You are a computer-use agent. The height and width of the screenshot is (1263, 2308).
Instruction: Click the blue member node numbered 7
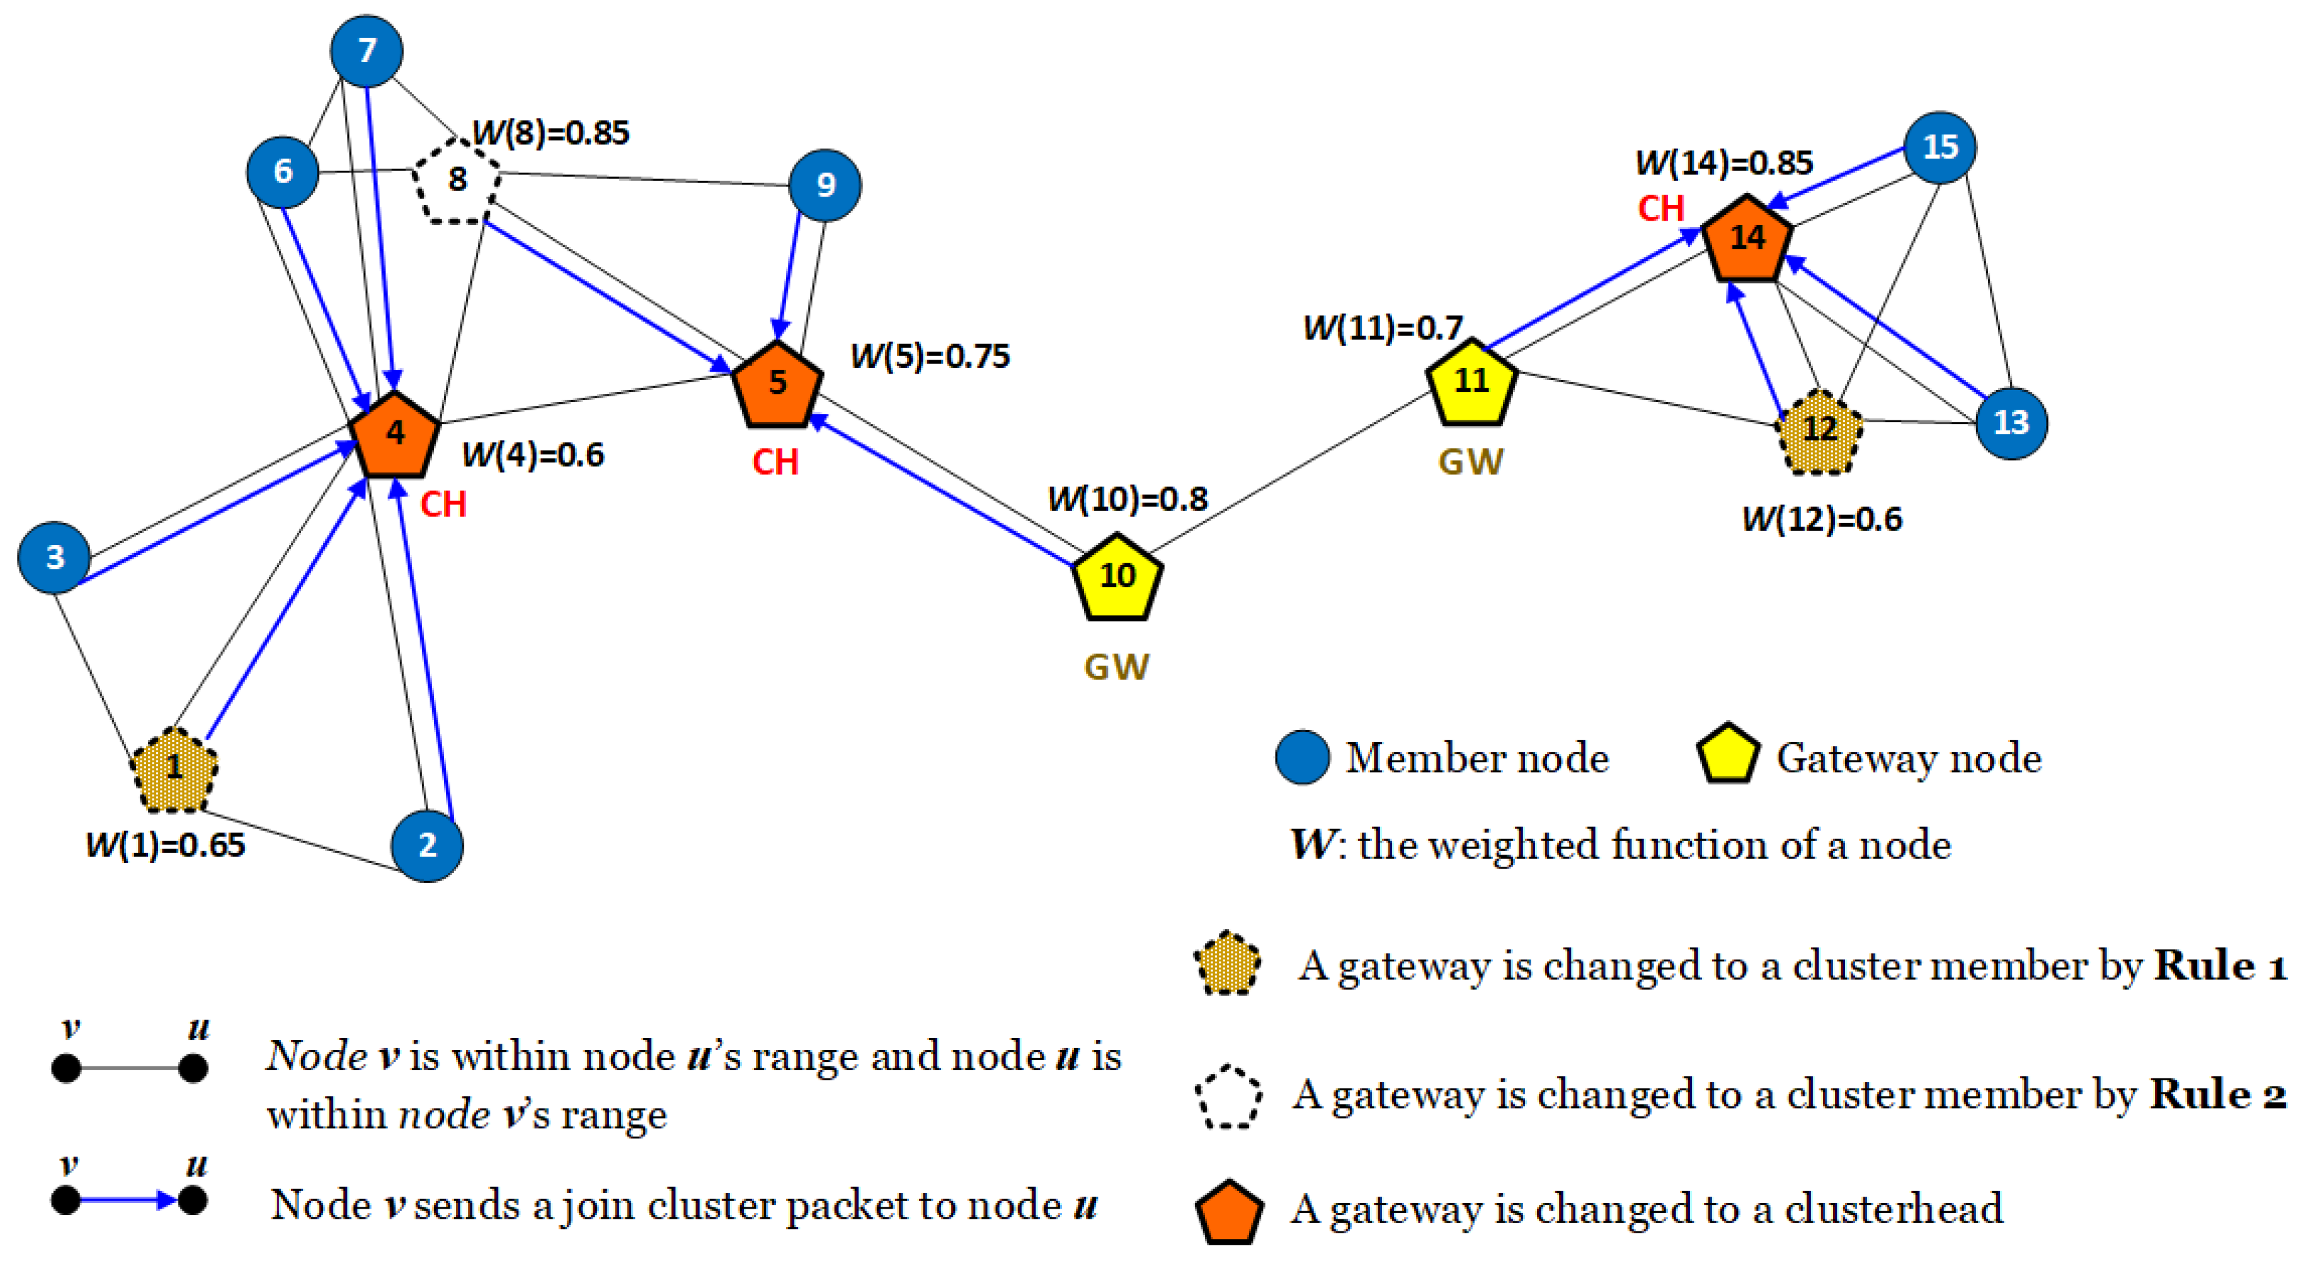366,51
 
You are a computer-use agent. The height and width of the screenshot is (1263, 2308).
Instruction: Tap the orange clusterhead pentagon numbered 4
394,436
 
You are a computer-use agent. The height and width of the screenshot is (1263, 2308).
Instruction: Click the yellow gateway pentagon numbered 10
1117,578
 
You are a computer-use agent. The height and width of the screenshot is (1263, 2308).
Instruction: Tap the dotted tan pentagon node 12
1819,432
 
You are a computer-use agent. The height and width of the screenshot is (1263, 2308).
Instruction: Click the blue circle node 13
2011,423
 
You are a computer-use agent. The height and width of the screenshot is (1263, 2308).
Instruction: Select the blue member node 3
54,557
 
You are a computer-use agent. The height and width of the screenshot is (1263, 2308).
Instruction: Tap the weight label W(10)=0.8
1127,499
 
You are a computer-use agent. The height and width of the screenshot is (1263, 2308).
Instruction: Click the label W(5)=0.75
929,357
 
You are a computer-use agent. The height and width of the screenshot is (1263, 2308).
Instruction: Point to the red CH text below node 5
775,462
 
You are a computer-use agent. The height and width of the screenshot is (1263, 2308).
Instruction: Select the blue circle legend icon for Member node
1302,758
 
